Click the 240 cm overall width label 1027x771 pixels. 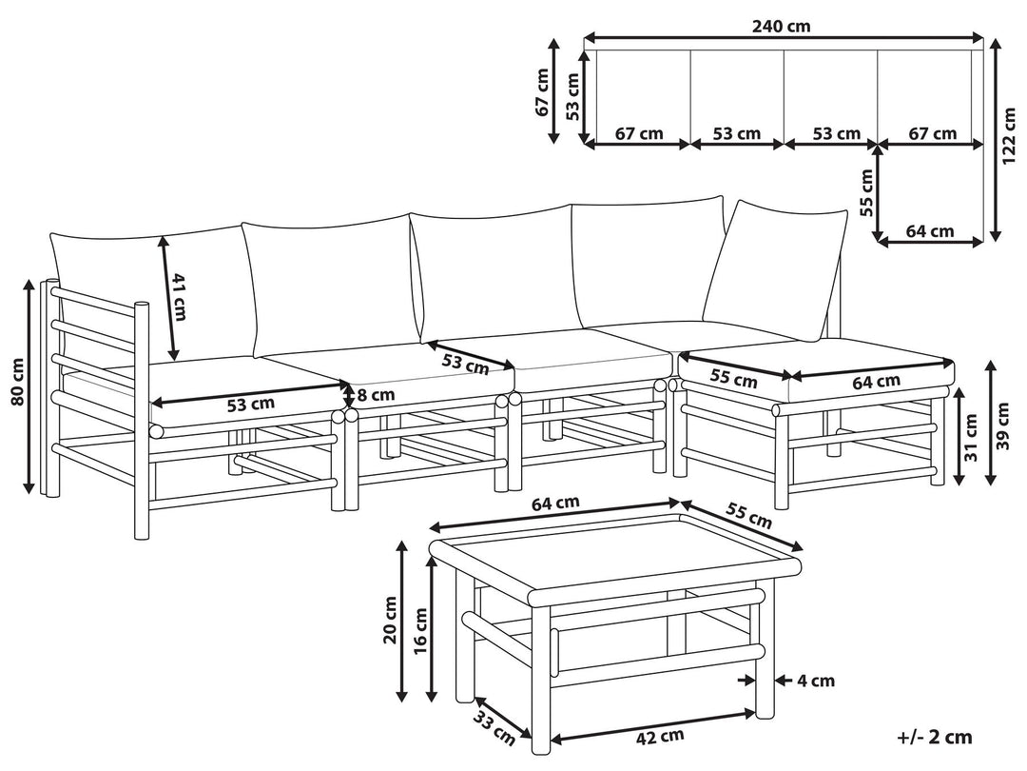(x=782, y=27)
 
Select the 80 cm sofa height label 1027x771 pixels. (x=17, y=382)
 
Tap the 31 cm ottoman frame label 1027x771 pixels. (x=971, y=437)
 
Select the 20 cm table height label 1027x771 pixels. (x=391, y=620)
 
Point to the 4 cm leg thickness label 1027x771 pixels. (x=816, y=681)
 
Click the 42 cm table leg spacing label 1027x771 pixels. (x=660, y=738)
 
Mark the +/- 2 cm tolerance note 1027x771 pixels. (x=936, y=737)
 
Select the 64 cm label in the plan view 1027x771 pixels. (x=930, y=230)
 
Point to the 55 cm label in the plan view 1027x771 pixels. (x=866, y=192)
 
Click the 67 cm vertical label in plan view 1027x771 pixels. (x=542, y=92)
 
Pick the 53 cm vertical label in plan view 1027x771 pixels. (x=572, y=96)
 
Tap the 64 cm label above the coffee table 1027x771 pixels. (x=555, y=504)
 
